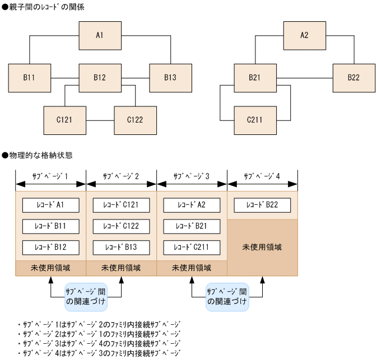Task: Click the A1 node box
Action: pos(100,35)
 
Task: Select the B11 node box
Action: pos(30,78)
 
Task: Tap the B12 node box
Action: pos(100,78)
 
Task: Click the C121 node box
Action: pos(65,120)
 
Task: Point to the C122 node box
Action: pos(136,120)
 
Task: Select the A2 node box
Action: pos(305,35)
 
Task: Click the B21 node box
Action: pos(255,78)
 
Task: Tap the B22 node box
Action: pos(354,78)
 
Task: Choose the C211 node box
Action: pos(255,120)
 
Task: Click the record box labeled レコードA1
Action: pos(50,205)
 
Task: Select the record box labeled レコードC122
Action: pos(121,226)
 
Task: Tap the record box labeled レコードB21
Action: pos(192,226)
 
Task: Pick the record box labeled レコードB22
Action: pos(262,205)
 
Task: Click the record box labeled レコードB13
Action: pos(121,247)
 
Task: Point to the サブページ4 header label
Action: pos(262,176)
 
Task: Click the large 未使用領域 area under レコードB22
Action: pos(262,247)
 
